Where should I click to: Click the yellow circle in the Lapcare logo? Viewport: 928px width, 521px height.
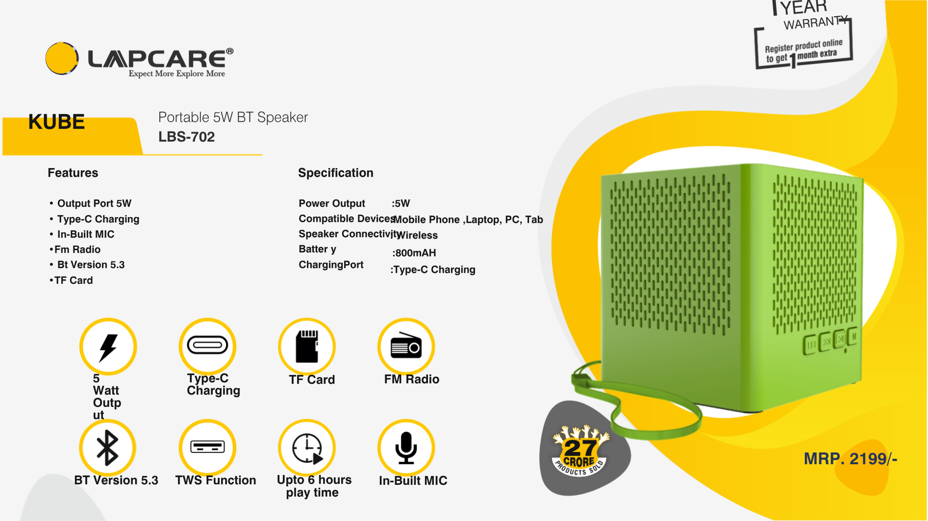62,58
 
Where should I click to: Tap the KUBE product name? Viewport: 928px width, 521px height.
56,122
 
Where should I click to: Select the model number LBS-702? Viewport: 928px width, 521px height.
186,137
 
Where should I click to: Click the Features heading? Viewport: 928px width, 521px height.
73,173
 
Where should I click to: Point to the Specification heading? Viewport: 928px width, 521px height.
335,173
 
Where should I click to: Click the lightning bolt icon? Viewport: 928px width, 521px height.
108,347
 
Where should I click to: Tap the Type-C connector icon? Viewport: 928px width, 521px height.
207,345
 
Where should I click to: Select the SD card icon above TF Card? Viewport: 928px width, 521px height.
307,346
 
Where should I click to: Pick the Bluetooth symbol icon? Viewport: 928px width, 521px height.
107,448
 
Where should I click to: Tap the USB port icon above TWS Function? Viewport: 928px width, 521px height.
207,447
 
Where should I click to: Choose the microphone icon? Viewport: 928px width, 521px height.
406,448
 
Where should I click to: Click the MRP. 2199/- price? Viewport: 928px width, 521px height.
851,459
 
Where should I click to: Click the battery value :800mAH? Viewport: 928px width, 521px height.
414,253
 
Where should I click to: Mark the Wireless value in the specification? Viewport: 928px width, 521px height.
417,235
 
